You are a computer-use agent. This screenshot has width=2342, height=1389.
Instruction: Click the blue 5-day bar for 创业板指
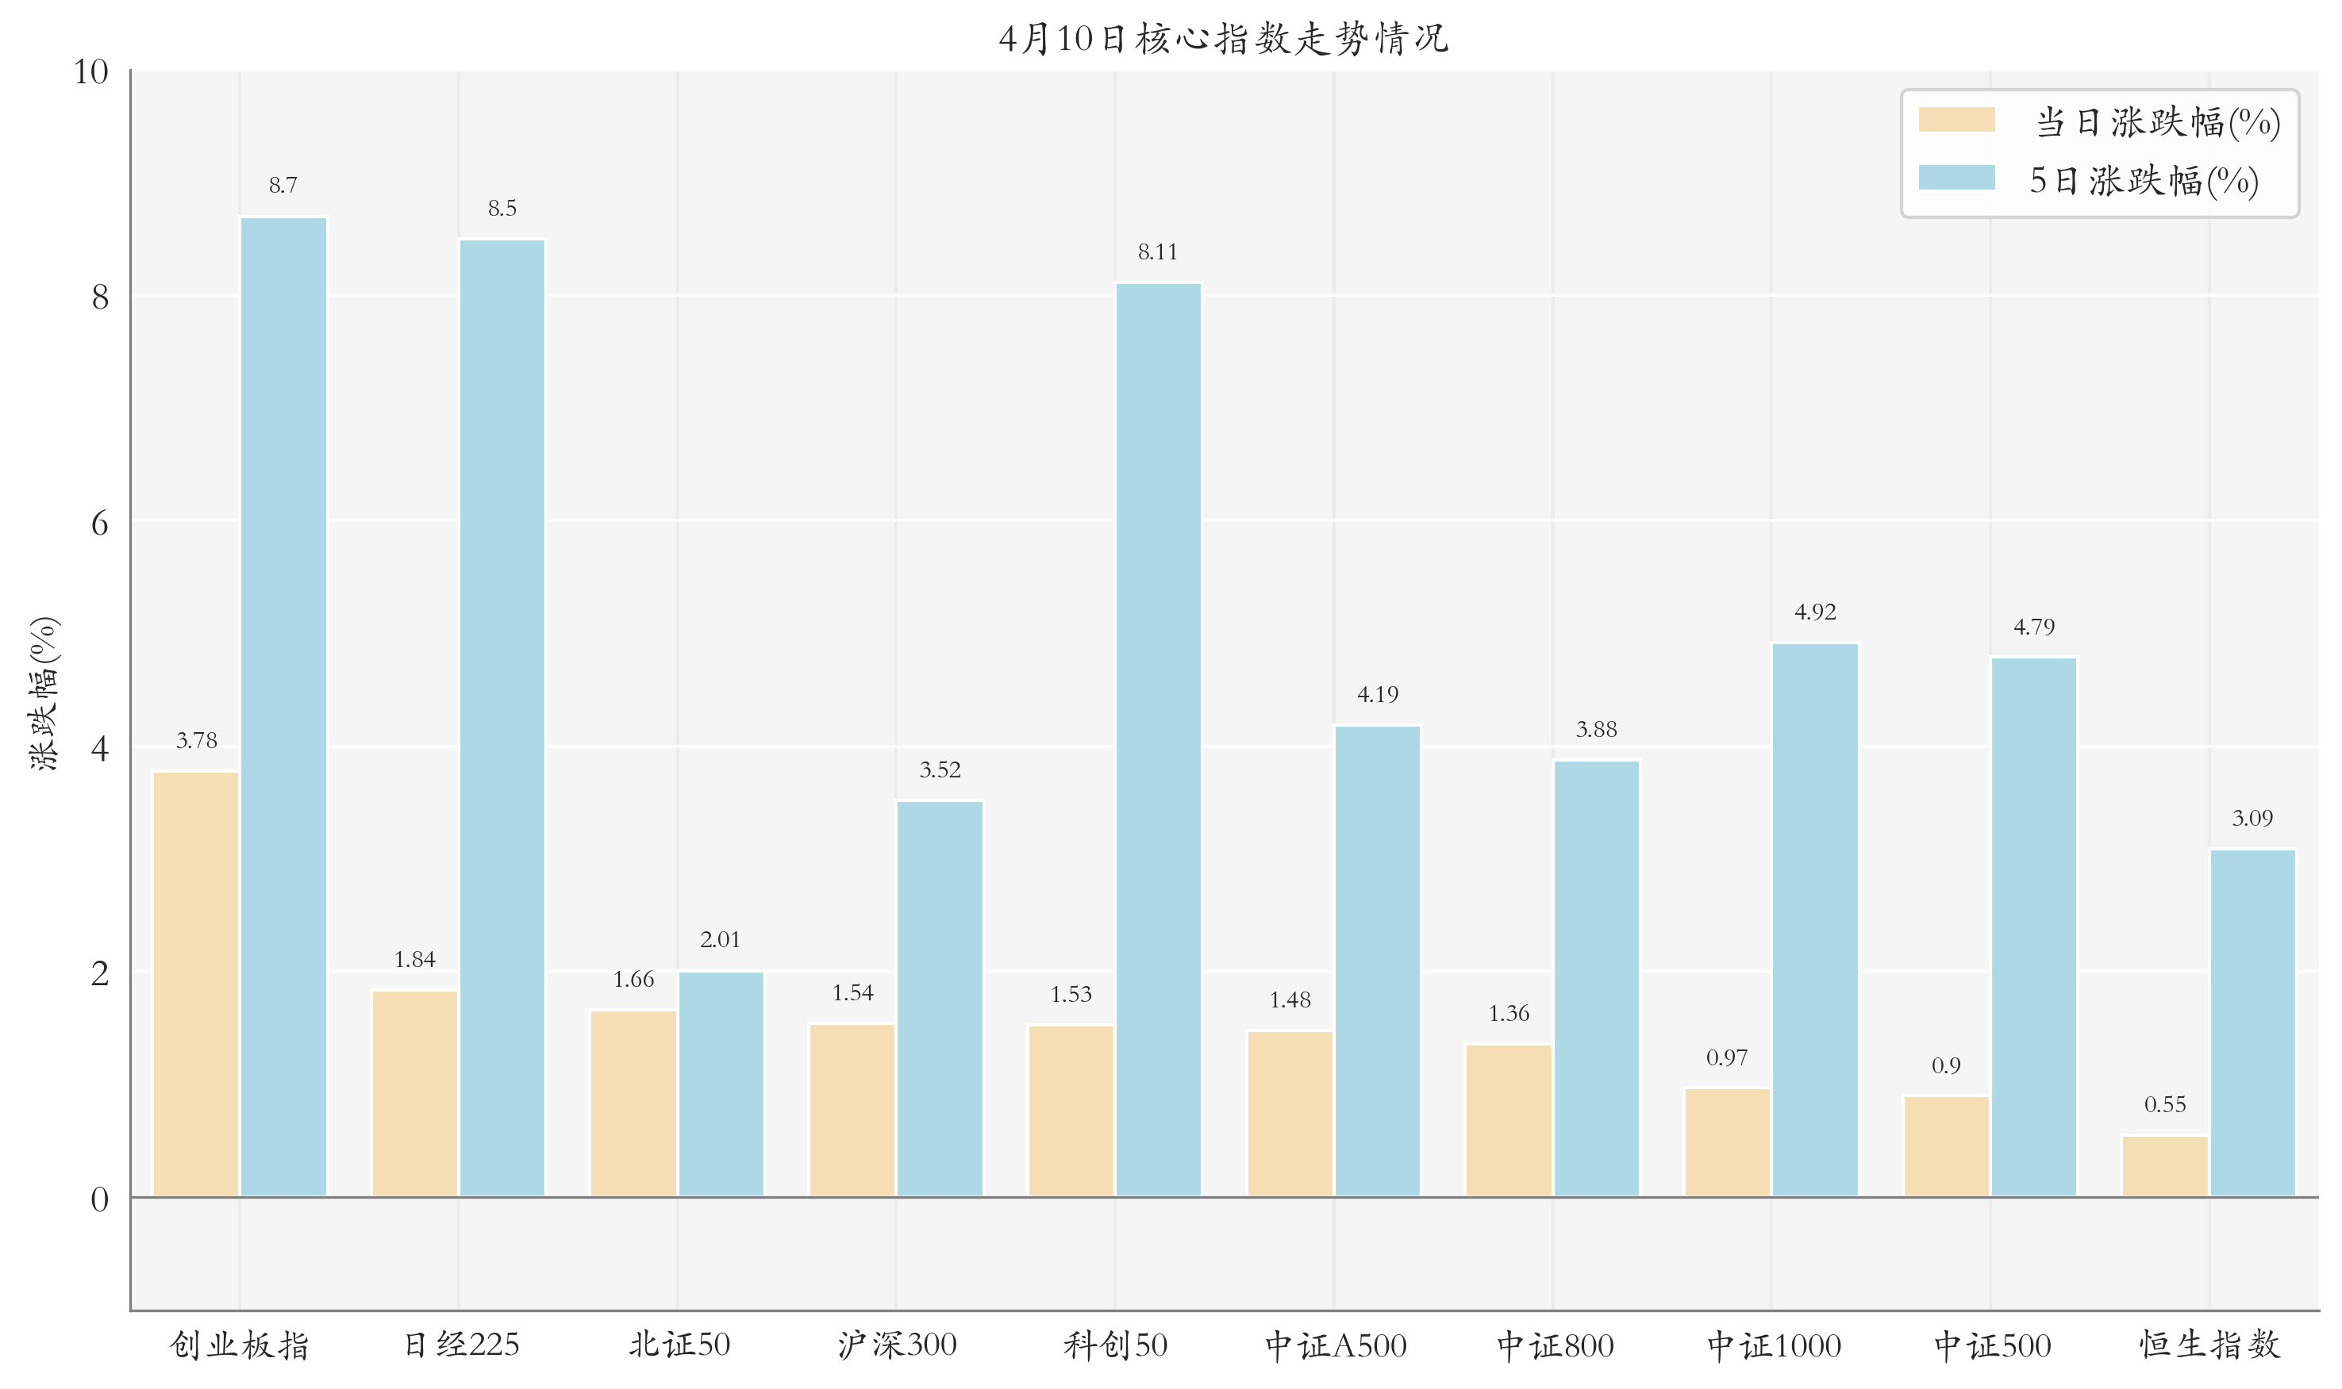coord(284,707)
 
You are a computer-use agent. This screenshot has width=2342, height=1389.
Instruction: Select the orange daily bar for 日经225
coord(415,1093)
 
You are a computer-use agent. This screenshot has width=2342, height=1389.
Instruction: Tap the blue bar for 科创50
coord(1159,739)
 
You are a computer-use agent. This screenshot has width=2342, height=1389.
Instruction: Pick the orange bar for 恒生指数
coord(2165,1165)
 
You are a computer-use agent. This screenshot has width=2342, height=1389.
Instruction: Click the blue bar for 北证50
coord(721,1084)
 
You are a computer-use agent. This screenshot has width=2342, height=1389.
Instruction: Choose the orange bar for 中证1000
coord(1728,1142)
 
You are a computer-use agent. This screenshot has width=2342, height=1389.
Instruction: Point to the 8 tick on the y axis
coord(99,297)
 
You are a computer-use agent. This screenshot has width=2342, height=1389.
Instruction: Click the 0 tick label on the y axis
coord(99,1199)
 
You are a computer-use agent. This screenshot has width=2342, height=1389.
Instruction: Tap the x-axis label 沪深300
coord(897,1345)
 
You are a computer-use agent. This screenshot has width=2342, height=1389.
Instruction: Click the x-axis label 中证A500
coord(1336,1345)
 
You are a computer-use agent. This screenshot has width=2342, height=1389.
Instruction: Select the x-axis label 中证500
coord(1992,1345)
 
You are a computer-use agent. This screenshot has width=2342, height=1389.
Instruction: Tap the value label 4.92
coord(1815,612)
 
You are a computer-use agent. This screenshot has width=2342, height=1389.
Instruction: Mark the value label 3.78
coord(197,740)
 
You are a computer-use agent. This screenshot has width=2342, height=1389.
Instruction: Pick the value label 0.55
coord(2165,1104)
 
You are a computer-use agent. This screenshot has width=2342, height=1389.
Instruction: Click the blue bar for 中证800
coord(1597,978)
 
